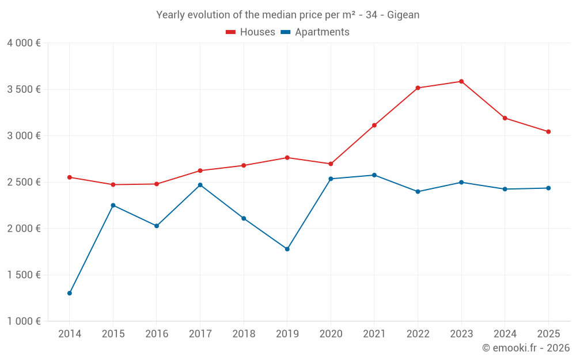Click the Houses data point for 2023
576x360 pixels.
pyautogui.click(x=461, y=81)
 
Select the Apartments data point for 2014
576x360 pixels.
pyautogui.click(x=70, y=293)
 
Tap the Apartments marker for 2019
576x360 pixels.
pyautogui.click(x=287, y=249)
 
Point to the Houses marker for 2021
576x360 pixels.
pyautogui.click(x=374, y=125)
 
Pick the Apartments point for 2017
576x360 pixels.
pyautogui.click(x=200, y=185)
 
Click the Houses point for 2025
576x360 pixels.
pyautogui.click(x=548, y=132)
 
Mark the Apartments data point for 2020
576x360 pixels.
pyautogui.click(x=331, y=179)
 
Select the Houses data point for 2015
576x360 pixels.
pyautogui.click(x=113, y=184)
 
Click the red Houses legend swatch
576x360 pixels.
pyautogui.click(x=231, y=32)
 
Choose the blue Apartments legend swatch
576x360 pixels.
pyautogui.click(x=285, y=32)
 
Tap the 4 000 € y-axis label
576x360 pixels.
pyautogui.click(x=24, y=43)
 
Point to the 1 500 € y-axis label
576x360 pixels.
pyautogui.click(x=24, y=275)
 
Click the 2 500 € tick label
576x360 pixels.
pyautogui.click(x=24, y=182)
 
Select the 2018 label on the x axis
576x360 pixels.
pyautogui.click(x=244, y=334)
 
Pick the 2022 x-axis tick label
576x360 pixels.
pyautogui.click(x=418, y=334)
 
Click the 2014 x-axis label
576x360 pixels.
pyautogui.click(x=70, y=334)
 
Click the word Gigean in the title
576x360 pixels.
pyautogui.click(x=403, y=14)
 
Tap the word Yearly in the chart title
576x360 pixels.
pyautogui.click(x=171, y=14)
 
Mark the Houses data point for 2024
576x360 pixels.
pyautogui.click(x=505, y=118)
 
